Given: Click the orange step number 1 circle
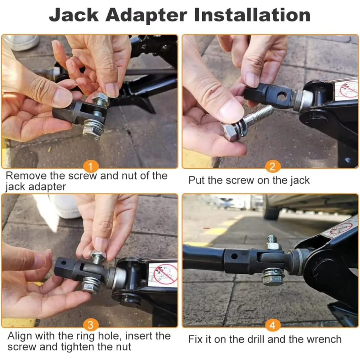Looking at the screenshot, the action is coord(91,166).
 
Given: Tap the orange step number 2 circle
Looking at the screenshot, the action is coord(273,166).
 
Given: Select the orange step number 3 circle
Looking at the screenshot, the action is coord(91,325).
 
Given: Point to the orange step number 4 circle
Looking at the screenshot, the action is coord(273,325).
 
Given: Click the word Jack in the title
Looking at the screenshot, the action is coord(74,15).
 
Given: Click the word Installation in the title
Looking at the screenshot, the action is coord(252,15).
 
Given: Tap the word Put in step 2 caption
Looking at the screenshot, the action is coord(196,180).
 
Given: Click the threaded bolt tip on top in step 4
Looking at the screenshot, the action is coord(272,240).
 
